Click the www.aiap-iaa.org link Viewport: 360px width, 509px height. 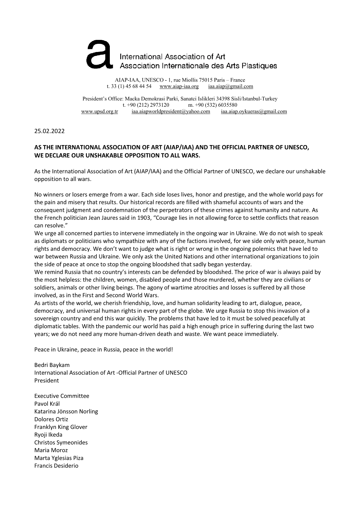(179, 86)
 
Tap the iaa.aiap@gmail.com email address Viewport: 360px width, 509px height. (231, 86)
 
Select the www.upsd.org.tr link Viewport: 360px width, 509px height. (100, 112)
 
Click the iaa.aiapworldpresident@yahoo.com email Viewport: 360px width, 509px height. (171, 112)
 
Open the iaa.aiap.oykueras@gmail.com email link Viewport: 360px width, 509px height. (254, 112)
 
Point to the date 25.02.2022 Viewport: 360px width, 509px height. (49, 131)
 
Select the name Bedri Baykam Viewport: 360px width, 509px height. (52, 365)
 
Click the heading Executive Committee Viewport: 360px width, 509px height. (62, 396)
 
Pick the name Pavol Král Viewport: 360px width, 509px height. (47, 404)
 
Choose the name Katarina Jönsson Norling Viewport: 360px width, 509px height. (66, 411)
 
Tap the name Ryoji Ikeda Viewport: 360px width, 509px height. (48, 435)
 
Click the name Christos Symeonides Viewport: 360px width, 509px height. (61, 443)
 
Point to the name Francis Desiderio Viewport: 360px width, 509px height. (56, 466)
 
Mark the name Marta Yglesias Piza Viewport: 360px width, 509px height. (59, 458)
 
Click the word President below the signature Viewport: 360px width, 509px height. (47, 381)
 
